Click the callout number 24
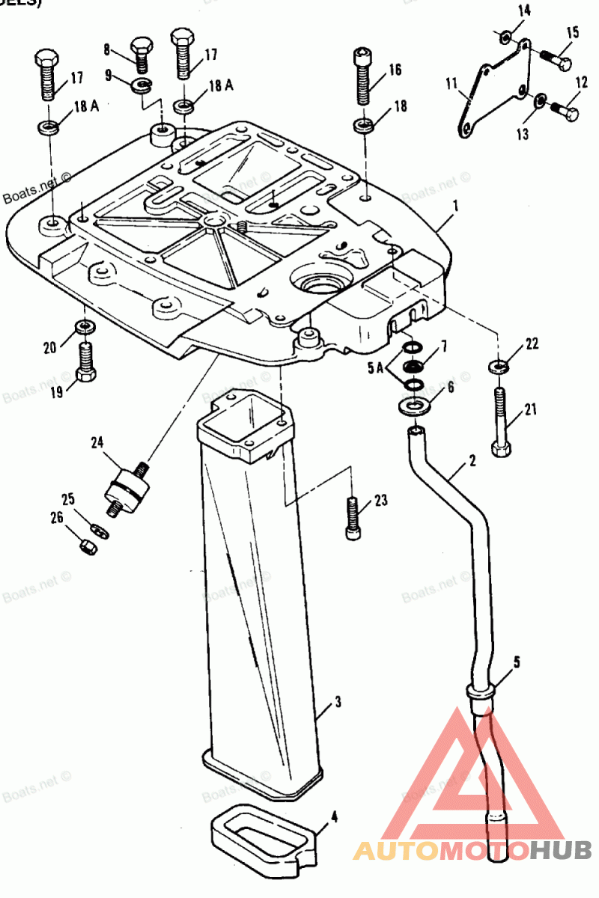(x=97, y=442)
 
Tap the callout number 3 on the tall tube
(x=338, y=702)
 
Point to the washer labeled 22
(x=497, y=367)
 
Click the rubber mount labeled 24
(x=125, y=486)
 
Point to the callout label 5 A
(x=375, y=368)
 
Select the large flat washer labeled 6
(x=413, y=406)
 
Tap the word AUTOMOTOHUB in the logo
(x=472, y=849)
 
